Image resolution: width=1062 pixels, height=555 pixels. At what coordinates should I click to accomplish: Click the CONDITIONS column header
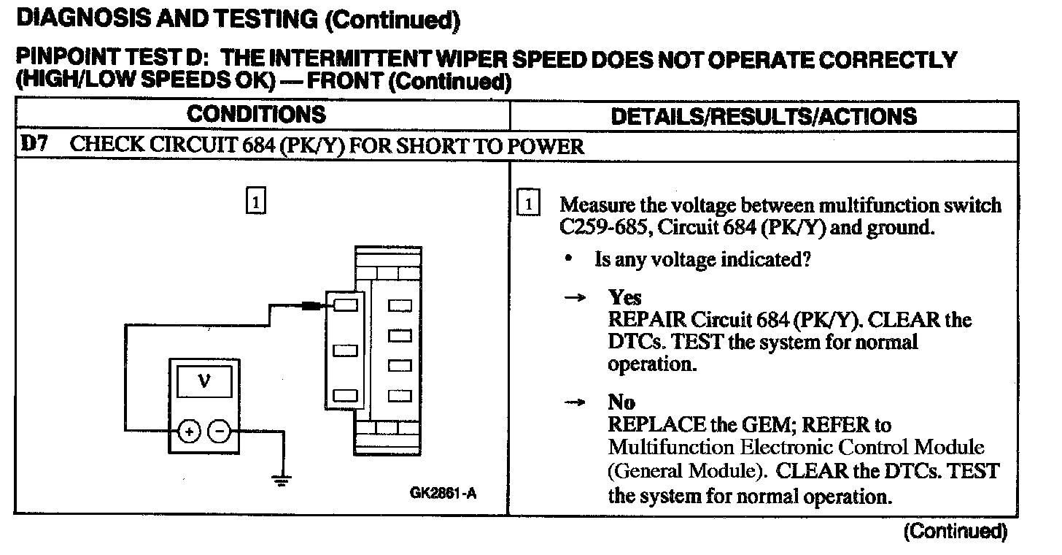(x=256, y=115)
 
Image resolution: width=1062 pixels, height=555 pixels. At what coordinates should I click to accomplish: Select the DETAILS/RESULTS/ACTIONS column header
(x=764, y=116)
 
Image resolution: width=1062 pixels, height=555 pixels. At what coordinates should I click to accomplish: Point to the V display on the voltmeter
(x=204, y=381)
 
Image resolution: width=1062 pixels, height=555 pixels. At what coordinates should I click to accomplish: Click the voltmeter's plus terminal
(x=190, y=432)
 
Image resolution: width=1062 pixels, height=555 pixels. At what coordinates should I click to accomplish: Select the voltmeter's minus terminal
(x=220, y=432)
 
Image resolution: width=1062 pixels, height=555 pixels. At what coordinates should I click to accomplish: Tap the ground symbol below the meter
(x=282, y=480)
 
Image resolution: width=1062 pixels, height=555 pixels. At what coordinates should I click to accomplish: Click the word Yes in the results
(x=625, y=297)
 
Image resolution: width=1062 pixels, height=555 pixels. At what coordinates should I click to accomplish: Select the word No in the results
(x=621, y=402)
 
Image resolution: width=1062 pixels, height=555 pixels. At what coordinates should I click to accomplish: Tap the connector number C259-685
(x=604, y=228)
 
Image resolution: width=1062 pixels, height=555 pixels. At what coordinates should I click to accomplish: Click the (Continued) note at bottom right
(x=955, y=531)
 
